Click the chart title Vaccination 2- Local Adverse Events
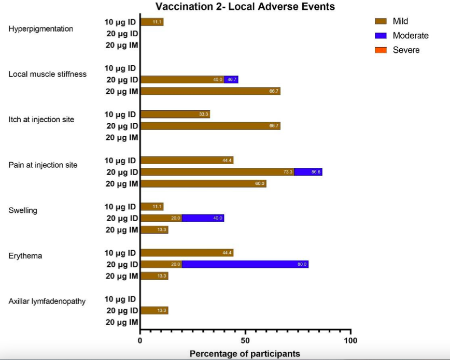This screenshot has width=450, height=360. (x=245, y=7)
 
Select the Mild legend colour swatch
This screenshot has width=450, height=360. (x=381, y=21)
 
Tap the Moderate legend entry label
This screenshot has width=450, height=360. (x=411, y=36)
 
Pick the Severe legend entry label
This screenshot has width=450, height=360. (x=406, y=50)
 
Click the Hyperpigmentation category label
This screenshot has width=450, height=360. (x=41, y=29)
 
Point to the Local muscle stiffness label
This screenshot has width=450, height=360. (x=48, y=74)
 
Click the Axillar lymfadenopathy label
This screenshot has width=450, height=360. (x=47, y=301)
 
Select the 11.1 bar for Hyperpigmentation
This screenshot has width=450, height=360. (x=152, y=22)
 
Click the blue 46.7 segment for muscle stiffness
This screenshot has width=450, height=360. (x=231, y=80)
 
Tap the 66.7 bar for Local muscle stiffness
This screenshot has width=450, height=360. (x=210, y=91)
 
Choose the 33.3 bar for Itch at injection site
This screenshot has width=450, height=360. (x=175, y=114)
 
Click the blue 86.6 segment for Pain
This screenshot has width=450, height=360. (x=308, y=172)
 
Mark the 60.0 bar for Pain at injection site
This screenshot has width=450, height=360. (x=203, y=183)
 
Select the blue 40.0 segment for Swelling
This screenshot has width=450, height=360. (x=203, y=218)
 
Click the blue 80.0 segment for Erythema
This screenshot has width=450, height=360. (x=245, y=264)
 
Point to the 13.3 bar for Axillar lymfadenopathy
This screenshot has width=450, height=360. (x=154, y=310)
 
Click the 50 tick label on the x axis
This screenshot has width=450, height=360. (x=245, y=340)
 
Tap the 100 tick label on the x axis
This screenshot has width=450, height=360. (x=351, y=340)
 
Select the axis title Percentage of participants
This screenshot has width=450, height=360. (x=245, y=354)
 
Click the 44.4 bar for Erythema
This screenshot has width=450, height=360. (x=187, y=253)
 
